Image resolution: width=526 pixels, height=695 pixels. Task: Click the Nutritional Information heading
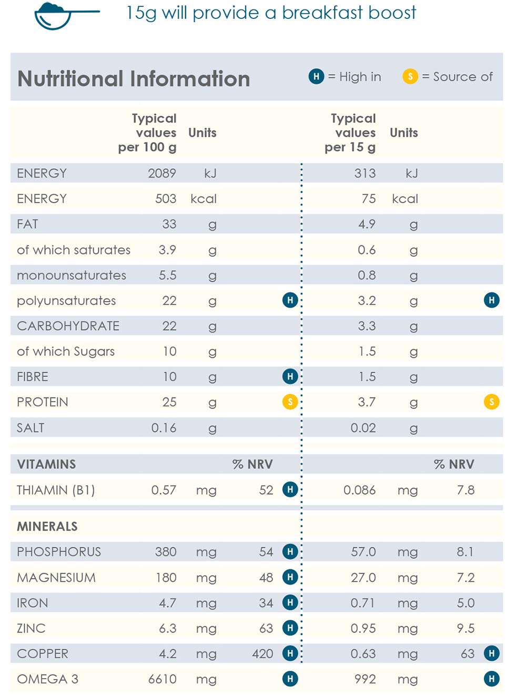pyautogui.click(x=134, y=79)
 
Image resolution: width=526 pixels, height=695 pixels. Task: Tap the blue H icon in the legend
pyautogui.click(x=316, y=77)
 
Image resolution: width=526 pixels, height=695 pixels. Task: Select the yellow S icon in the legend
pyautogui.click(x=410, y=77)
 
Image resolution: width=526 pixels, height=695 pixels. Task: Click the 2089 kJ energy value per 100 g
pyautogui.click(x=162, y=173)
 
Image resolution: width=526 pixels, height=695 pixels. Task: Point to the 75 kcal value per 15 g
pyautogui.click(x=369, y=199)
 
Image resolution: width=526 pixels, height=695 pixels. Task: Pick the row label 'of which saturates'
pyautogui.click(x=74, y=250)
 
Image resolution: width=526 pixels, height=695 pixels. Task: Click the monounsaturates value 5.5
pyautogui.click(x=168, y=275)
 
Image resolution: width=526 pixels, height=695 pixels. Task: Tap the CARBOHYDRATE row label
pyautogui.click(x=68, y=326)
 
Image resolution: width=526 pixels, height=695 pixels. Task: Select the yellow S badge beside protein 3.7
pyautogui.click(x=492, y=402)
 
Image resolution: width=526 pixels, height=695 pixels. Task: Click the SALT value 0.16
pyautogui.click(x=164, y=428)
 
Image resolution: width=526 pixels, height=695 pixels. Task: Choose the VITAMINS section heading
pyautogui.click(x=46, y=464)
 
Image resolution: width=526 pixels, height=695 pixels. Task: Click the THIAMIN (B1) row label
pyautogui.click(x=56, y=490)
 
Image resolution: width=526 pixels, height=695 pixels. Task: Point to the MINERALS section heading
pyautogui.click(x=47, y=526)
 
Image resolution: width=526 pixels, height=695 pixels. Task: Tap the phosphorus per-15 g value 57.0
pyautogui.click(x=363, y=552)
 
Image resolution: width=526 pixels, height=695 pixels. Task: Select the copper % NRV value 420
pyautogui.click(x=262, y=654)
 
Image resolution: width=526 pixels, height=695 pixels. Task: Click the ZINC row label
pyautogui.click(x=32, y=628)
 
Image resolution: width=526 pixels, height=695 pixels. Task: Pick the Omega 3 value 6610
pyautogui.click(x=163, y=679)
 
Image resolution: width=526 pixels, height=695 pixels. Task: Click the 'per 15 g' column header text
pyautogui.click(x=350, y=147)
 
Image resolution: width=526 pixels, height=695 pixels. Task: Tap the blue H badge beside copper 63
pyautogui.click(x=492, y=653)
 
